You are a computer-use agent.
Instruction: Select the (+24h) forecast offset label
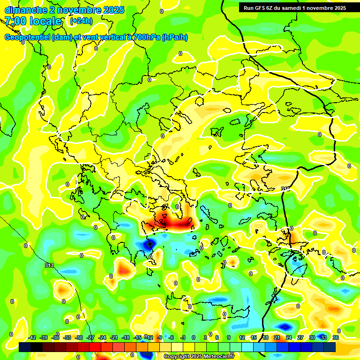coord(81,21)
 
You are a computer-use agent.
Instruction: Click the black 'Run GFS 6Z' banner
coord(292,8)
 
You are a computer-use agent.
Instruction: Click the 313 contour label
coord(49,265)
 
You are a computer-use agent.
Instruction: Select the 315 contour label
coord(285,189)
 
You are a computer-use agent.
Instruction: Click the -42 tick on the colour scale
coord(32,337)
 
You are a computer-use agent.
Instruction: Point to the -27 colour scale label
coord(91,337)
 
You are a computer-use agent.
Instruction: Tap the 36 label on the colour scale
coord(336,337)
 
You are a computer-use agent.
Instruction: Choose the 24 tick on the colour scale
coord(289,337)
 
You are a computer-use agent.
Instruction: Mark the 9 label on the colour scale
coord(229,337)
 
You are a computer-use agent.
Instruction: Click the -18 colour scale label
coord(126,337)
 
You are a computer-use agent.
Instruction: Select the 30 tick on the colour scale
coord(312,337)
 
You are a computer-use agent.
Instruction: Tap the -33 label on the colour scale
coord(67,337)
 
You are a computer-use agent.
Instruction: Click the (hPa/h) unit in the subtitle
coord(174,37)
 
